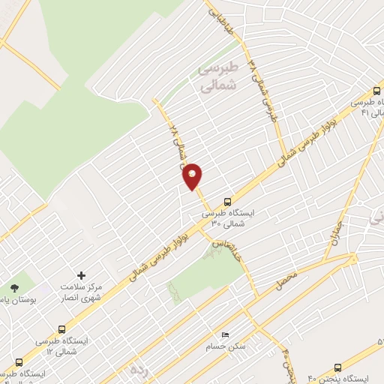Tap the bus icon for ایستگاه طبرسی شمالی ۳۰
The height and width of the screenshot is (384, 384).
click(x=227, y=201)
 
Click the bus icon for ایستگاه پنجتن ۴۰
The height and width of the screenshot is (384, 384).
click(x=337, y=367)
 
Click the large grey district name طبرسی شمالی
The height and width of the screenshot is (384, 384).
click(x=217, y=77)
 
